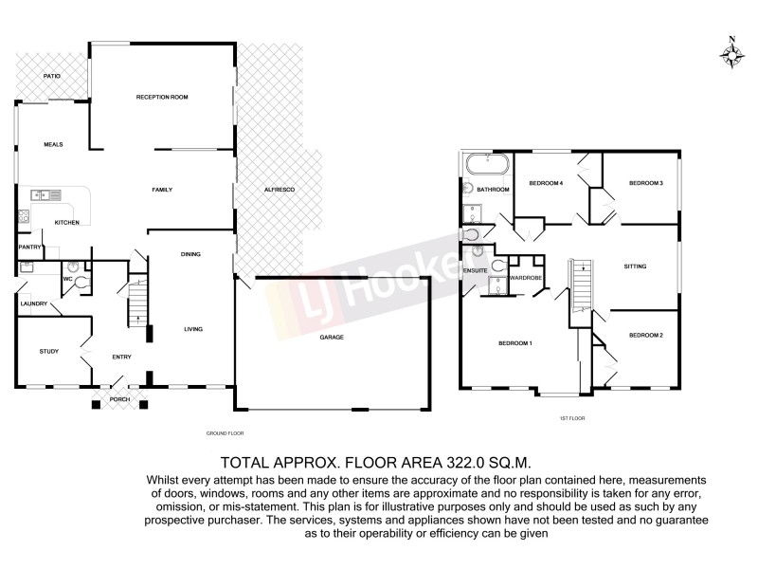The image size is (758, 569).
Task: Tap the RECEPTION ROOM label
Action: click(x=162, y=97)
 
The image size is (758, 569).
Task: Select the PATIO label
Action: click(x=53, y=76)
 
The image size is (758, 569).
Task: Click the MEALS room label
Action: click(x=53, y=144)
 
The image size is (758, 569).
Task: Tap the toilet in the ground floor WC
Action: click(x=82, y=281)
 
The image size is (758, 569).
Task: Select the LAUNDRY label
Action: click(x=33, y=304)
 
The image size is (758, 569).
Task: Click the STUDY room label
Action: click(x=49, y=352)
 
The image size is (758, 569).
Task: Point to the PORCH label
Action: click(x=119, y=398)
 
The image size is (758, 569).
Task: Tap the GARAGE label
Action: click(x=331, y=337)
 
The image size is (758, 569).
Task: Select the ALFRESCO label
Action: click(x=280, y=192)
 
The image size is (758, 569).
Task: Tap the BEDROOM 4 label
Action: click(x=547, y=183)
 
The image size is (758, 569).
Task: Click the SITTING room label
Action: click(x=635, y=266)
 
